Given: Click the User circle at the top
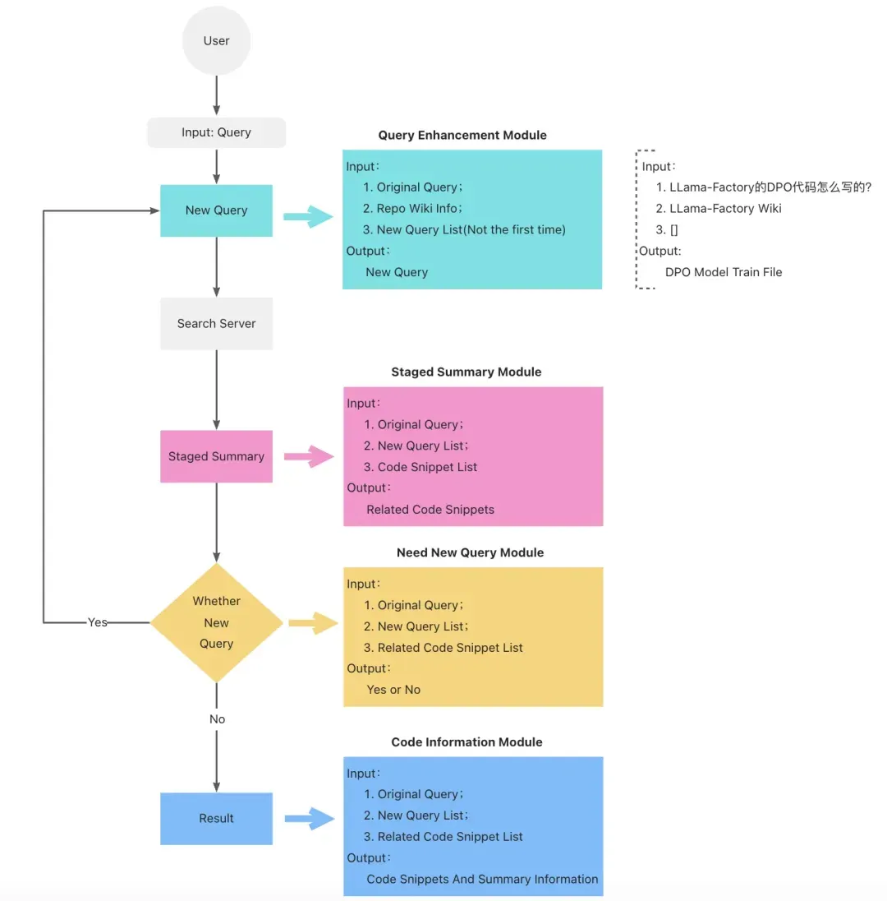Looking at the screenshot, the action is pos(217,41).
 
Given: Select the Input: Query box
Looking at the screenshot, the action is pos(217,132).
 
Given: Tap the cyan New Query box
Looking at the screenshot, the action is pos(217,210).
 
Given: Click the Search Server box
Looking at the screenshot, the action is pos(217,324).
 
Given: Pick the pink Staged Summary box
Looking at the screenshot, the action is pos(217,456).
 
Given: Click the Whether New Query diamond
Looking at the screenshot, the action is pos(217,622).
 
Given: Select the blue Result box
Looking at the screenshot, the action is pos(217,818).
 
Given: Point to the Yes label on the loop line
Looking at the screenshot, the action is pos(97,622).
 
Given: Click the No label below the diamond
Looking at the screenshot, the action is pos(217,718).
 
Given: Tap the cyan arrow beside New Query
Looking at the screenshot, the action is pos(308,217).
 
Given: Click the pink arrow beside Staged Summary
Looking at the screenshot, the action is pos(309,457).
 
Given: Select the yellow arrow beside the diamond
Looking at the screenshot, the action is pos(313,623).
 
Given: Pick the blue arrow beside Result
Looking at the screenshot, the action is pos(310,819).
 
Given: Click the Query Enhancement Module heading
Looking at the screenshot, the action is pos(462,135).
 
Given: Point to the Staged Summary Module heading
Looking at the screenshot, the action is pos(466,372).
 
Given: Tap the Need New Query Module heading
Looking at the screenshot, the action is pos(471,552).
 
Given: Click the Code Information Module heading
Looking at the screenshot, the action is pos(466,742).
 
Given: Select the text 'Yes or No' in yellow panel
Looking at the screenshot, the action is pos(393,690).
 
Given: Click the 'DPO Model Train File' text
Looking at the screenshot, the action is pos(724,272).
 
